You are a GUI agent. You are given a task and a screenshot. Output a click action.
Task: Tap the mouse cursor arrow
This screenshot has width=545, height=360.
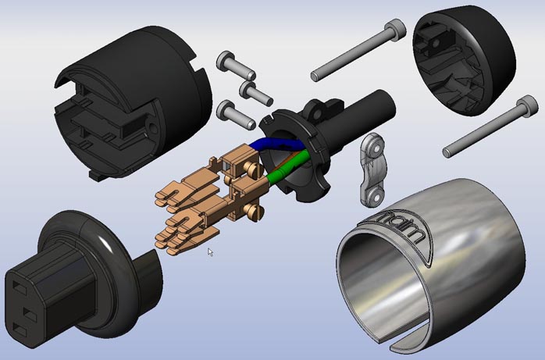pos(210,252)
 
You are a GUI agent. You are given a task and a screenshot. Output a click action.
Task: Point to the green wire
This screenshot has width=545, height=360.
pos(288,166)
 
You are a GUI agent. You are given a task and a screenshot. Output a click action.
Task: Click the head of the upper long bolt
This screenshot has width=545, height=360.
pos(396,27)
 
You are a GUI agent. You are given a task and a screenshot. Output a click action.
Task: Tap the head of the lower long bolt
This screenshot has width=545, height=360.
pos(527,105)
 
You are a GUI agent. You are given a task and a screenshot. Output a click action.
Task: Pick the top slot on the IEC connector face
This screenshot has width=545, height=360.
pos(20,287)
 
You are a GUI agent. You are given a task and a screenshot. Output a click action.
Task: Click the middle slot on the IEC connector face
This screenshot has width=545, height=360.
pos(30,314)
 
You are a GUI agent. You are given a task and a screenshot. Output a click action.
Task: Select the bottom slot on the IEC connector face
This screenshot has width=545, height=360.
pos(20,330)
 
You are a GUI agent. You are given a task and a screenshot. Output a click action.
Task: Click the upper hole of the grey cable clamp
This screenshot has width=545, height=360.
pos(375,149)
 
